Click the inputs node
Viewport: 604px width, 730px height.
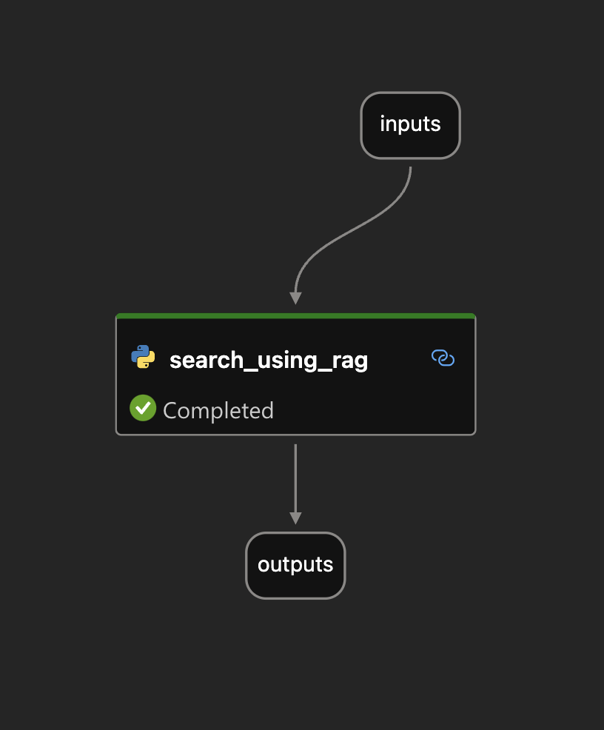click(x=410, y=124)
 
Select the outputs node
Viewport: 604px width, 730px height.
click(x=295, y=565)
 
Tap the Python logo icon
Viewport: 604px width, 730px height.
click(x=143, y=357)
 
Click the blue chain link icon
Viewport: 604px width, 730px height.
click(x=443, y=358)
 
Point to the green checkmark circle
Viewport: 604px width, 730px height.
click(x=143, y=408)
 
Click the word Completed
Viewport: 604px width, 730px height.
click(x=218, y=411)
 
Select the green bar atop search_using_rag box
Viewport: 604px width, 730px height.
click(x=295, y=316)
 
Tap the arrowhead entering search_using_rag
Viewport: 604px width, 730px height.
click(x=295, y=298)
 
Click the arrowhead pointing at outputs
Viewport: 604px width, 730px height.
click(x=295, y=518)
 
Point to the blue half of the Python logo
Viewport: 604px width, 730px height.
click(x=139, y=352)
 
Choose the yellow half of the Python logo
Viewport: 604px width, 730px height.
click(x=147, y=361)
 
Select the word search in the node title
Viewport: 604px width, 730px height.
click(x=196, y=360)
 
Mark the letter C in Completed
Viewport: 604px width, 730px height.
click(x=170, y=411)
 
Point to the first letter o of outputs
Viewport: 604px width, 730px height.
click(x=263, y=565)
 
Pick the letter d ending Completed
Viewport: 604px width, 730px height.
click(x=267, y=410)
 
